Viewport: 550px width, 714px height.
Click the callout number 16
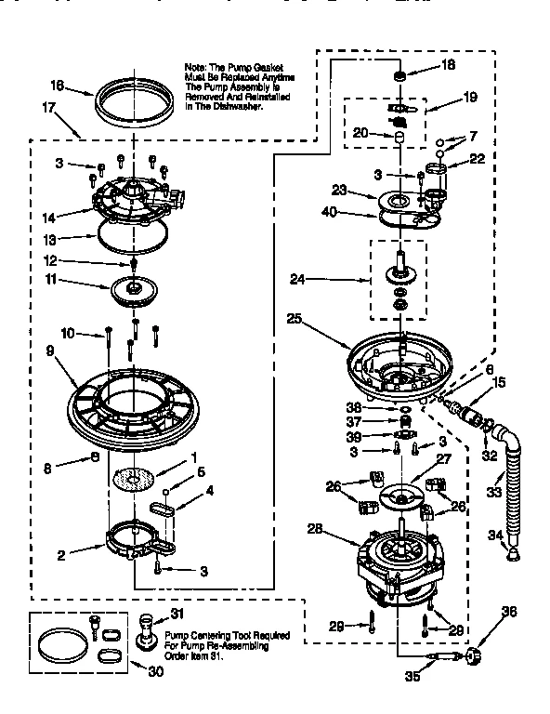tap(57, 86)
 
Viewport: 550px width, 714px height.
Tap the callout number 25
tap(294, 319)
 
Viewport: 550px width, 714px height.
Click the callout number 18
tap(448, 65)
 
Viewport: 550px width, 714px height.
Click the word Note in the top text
tap(196, 67)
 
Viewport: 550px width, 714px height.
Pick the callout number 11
tap(78, 279)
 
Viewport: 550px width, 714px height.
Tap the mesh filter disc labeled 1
tap(133, 479)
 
